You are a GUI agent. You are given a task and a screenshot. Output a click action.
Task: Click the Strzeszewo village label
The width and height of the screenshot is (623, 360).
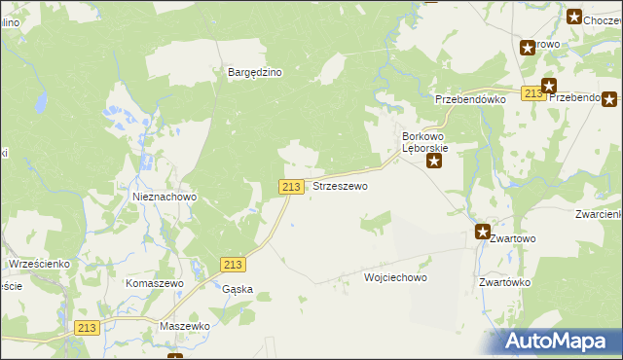coord(340,186)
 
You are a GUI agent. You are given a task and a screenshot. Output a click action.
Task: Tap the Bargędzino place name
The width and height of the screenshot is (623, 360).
coord(255,72)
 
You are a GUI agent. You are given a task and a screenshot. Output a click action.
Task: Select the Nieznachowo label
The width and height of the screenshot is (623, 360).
coord(165,197)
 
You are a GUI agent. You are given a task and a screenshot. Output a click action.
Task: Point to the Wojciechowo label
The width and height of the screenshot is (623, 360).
coord(395,277)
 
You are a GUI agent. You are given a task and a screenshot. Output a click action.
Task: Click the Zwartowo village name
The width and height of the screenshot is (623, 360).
coord(512,237)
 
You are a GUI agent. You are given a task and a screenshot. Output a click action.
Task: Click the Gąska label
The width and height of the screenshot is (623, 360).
coord(238,289)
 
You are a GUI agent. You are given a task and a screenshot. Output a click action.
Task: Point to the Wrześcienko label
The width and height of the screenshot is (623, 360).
coord(38,264)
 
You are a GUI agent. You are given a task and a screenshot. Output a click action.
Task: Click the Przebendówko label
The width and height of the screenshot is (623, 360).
coord(471,99)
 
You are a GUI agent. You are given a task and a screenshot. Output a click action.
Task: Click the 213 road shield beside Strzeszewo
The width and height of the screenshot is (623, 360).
coord(290,186)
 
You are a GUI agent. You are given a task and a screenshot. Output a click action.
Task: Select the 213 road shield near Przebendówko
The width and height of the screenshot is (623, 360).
coord(531,93)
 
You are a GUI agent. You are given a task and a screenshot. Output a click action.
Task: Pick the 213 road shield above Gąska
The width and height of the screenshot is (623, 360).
coord(232,266)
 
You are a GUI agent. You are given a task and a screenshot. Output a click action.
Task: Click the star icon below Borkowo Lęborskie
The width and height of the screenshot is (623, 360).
coord(435,162)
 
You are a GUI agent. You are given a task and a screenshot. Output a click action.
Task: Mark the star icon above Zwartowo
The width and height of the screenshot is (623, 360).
coord(483,232)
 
